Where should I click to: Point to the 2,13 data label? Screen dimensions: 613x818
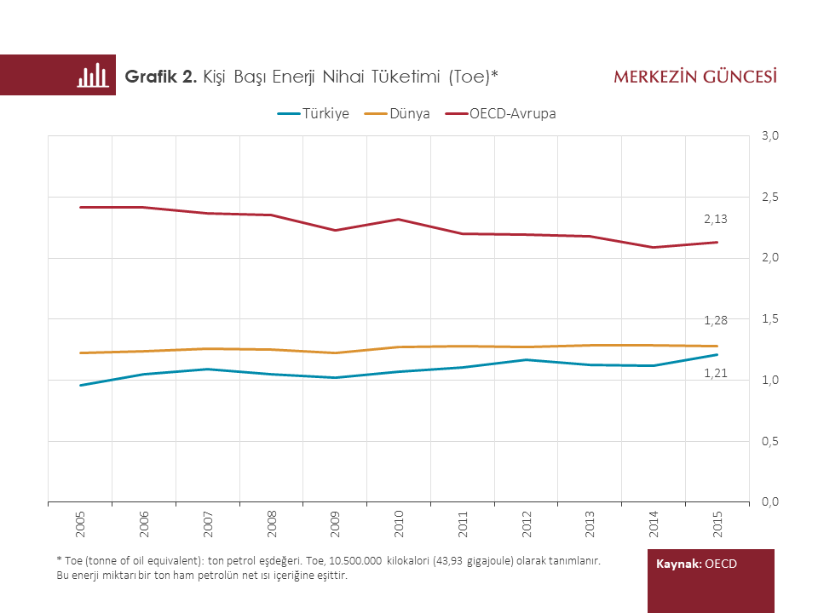tap(716, 220)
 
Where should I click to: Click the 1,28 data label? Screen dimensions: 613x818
tap(716, 320)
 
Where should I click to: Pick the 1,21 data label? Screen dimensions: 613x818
tap(716, 374)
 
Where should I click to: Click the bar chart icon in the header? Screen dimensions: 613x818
tap(92, 75)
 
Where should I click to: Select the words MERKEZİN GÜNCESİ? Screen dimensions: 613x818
tap(694, 77)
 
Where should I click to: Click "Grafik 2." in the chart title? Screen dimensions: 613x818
tap(161, 77)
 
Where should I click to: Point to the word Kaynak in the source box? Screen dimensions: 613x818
tap(678, 564)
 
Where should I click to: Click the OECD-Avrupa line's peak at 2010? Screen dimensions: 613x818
tap(399, 219)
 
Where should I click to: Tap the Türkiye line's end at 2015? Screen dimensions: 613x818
tap(717, 354)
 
